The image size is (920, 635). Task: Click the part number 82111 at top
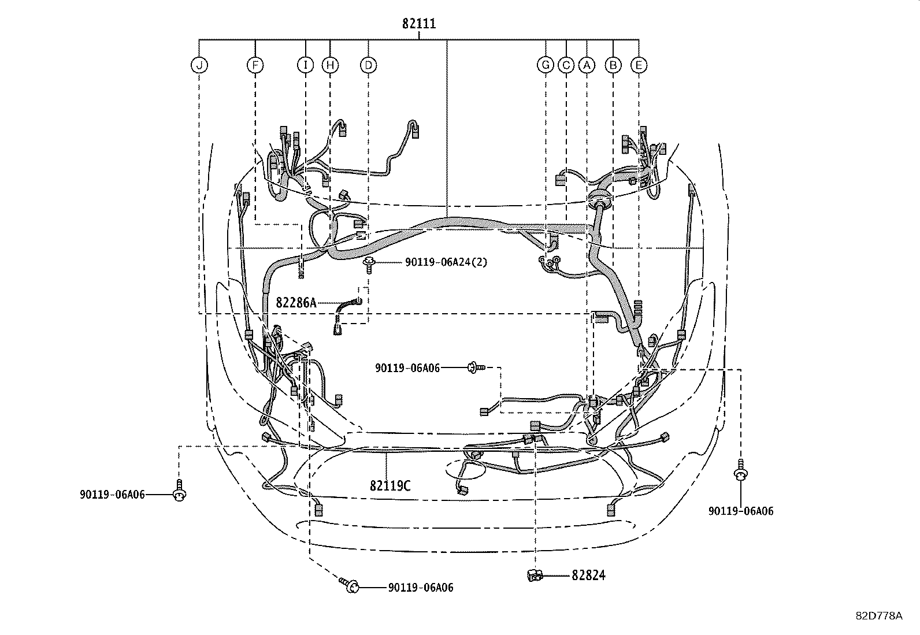[x=419, y=24]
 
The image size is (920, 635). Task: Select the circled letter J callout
[x=199, y=65]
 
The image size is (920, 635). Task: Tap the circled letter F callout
[x=255, y=65]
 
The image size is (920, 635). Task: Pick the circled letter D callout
[x=368, y=65]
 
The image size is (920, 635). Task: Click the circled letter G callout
[x=545, y=65]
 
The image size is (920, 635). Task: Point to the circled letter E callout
[x=639, y=65]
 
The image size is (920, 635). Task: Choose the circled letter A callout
[x=587, y=65]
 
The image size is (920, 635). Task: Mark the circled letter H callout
[x=330, y=65]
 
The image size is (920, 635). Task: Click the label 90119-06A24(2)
[x=446, y=262]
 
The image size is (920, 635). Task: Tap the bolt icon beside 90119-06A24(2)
[x=368, y=264]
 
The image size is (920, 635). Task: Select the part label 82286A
[x=296, y=302]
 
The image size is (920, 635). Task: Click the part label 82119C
[x=390, y=485]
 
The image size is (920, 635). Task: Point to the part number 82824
[x=588, y=575]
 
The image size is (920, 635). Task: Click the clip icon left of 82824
[x=533, y=575]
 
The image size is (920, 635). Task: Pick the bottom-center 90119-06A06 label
[x=421, y=588]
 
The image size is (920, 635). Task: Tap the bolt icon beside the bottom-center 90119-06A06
[x=349, y=585]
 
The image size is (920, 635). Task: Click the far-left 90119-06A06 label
[x=112, y=494]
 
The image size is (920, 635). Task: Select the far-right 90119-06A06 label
[x=741, y=511]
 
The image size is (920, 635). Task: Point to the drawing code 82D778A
[x=879, y=616]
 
